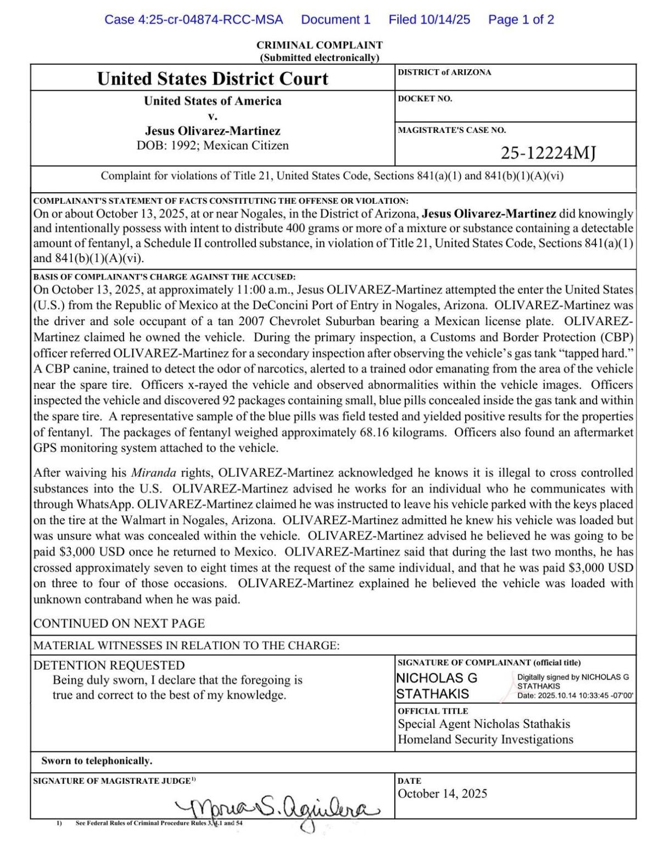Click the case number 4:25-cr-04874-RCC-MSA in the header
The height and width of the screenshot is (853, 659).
[194, 20]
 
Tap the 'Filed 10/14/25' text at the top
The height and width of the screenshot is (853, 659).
[429, 20]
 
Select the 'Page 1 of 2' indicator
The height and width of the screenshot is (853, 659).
[521, 20]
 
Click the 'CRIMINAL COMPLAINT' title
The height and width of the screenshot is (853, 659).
[319, 45]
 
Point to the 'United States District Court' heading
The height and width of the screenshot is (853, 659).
[213, 79]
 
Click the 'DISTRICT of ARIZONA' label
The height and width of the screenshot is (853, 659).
[444, 73]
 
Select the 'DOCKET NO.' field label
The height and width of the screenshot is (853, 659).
[425, 99]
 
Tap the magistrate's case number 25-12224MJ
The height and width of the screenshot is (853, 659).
[548, 153]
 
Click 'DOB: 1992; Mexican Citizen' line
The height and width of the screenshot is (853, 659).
[213, 146]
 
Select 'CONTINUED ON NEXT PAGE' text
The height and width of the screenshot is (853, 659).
[119, 623]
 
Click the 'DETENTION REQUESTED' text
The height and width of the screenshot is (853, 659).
[109, 665]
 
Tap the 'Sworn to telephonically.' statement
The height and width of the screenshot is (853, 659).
[97, 761]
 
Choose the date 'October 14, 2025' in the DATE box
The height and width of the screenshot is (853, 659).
[442, 794]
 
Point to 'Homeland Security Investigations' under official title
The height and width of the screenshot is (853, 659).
[485, 739]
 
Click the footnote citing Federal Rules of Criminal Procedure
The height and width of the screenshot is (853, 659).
[159, 823]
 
